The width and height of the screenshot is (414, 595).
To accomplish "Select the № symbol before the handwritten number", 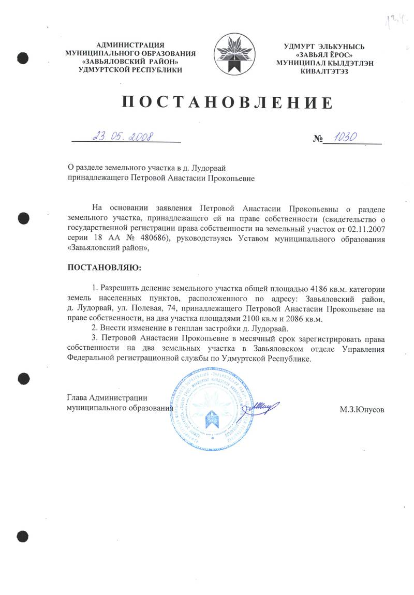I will [x=318, y=139].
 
